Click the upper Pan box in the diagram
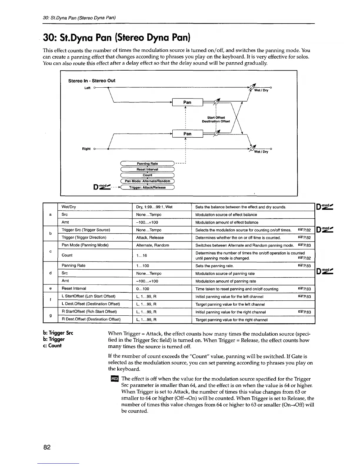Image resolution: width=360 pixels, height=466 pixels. pos(187,102)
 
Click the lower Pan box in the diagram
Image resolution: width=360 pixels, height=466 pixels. pos(187,134)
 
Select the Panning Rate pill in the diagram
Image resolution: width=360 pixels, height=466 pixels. pos(147,164)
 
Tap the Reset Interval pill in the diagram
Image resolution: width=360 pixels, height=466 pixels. pos(147,169)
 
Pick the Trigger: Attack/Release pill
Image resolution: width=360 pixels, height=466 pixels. pos(147,187)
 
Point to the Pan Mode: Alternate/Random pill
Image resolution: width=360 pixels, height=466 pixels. pos(147,181)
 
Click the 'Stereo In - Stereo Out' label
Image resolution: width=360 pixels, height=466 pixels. pos(92,81)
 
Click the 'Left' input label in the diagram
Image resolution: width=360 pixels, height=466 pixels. pos(87,88)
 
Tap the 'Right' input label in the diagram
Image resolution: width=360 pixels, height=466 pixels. pos(86,149)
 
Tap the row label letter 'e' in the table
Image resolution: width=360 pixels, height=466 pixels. pos(51,289)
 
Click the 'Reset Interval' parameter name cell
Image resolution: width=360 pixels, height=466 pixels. pos(74,289)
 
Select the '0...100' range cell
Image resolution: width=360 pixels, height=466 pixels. pos(143,289)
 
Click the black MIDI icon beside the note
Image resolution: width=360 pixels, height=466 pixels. pos(113,379)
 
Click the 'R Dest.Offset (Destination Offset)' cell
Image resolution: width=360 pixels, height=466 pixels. pos(91,319)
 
